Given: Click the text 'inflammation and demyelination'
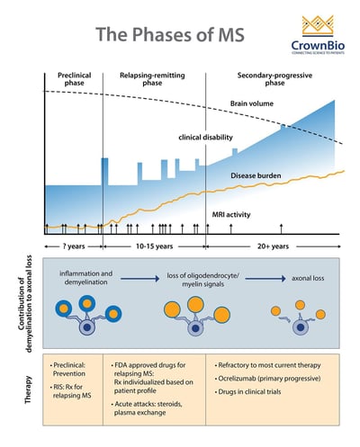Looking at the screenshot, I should tap(84, 278).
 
